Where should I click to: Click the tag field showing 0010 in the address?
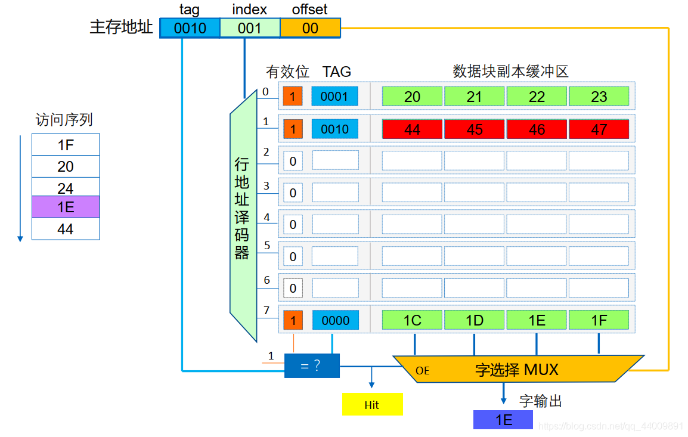[x=190, y=28]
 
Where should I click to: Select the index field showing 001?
[x=250, y=28]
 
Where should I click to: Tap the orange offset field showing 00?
[x=310, y=28]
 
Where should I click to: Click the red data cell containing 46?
[x=537, y=129]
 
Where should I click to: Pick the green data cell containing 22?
[x=537, y=97]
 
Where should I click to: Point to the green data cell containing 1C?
[x=412, y=320]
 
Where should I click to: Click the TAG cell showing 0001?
[x=334, y=97]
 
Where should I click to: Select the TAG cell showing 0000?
[x=335, y=320]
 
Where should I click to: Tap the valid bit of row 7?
[x=293, y=320]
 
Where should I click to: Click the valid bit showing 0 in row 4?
[x=293, y=225]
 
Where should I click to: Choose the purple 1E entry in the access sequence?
[x=66, y=207]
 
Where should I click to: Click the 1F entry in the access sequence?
[x=66, y=145]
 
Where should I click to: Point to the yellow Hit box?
[x=372, y=405]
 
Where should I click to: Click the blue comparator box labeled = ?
[x=312, y=365]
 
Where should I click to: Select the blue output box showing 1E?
[x=503, y=420]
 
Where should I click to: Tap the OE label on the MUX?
[x=422, y=371]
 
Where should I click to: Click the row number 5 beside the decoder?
[x=266, y=245]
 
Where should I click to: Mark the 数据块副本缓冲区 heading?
[x=510, y=72]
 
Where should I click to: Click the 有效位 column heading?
[x=287, y=72]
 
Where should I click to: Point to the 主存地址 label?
[x=121, y=27]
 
